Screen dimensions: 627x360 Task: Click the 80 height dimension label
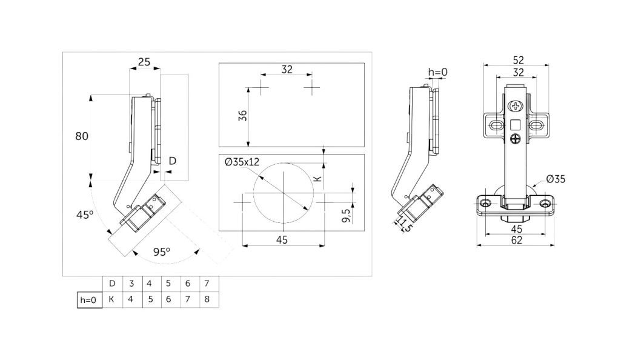[x=82, y=136]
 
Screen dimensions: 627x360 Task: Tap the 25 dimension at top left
[x=144, y=62]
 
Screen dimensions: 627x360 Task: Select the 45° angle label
[x=85, y=215]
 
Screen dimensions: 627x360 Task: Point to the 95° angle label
[x=162, y=252]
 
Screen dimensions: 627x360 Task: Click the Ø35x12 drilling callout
[x=242, y=162]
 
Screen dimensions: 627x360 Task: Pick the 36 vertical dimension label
[x=243, y=116]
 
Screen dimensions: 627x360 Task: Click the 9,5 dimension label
[x=347, y=215]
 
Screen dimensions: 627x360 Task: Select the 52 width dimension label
[x=518, y=60]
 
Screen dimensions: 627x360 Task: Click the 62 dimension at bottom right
[x=517, y=240]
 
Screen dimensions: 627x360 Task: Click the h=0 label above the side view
[x=438, y=72]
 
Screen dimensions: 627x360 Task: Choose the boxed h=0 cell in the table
[x=90, y=300]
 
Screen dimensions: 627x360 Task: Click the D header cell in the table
[x=112, y=284]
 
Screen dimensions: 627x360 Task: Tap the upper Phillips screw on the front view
[x=516, y=107]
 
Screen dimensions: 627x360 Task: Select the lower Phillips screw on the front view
[x=516, y=139]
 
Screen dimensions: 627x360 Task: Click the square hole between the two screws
[x=516, y=125]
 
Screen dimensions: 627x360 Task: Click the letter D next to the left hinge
[x=172, y=161]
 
